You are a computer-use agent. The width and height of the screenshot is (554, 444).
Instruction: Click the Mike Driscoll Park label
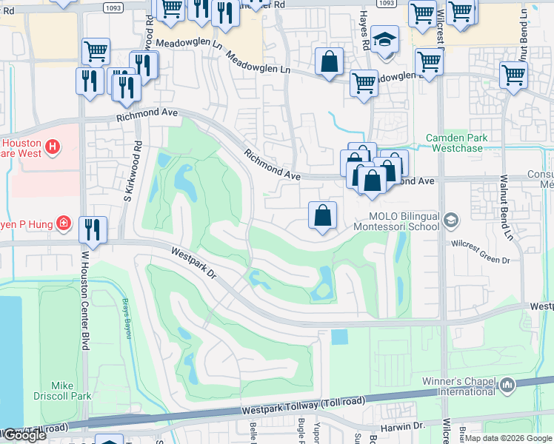coord(71,391)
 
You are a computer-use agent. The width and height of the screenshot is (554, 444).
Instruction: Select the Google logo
coord(24,435)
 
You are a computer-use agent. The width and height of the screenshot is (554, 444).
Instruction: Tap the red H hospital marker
coord(52,147)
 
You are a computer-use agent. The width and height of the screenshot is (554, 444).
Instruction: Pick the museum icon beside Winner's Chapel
coord(507,385)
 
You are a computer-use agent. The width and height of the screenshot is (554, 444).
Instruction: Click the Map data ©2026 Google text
coord(508,438)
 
